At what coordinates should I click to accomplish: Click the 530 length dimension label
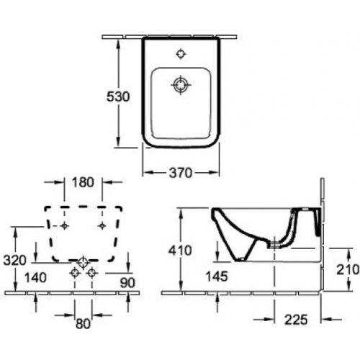118,96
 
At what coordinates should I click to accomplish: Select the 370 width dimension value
181,173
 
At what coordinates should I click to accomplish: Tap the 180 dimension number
83,182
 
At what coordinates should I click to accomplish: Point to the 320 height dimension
14,261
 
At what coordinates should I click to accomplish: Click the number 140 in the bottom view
36,278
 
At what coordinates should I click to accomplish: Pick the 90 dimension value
127,283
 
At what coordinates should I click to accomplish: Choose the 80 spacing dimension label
83,324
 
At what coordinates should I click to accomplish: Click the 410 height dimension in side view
180,251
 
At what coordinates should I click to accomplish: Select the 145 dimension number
217,276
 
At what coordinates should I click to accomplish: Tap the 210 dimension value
348,269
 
